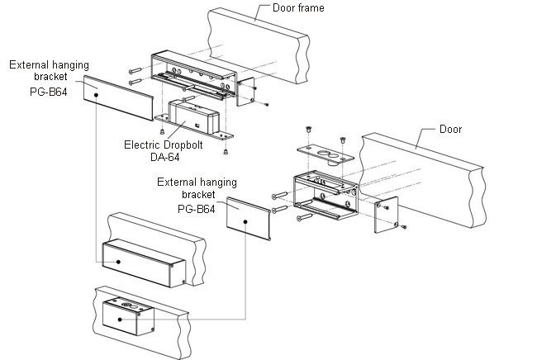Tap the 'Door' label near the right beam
tap(451, 129)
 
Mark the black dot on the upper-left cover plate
tap(98, 96)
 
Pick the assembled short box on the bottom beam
tap(127, 318)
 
